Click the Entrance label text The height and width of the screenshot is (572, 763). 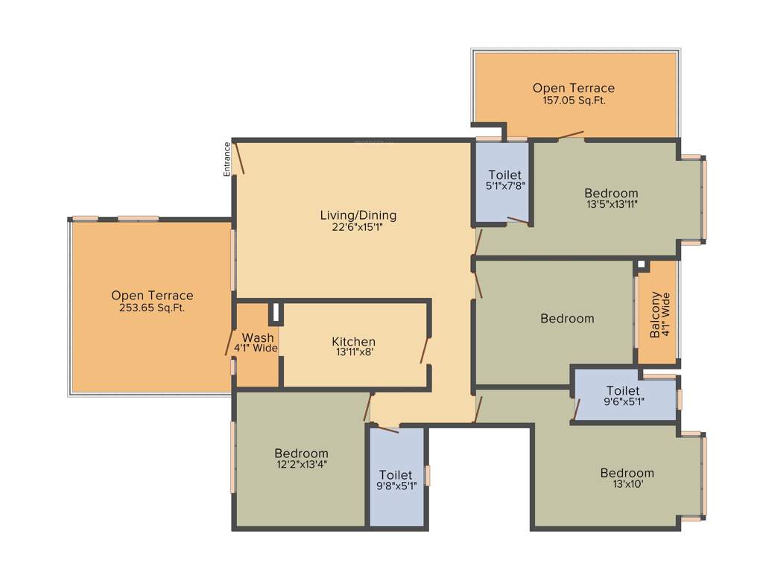point(227,159)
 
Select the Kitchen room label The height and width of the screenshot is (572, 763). point(353,342)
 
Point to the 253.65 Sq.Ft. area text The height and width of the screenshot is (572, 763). point(152,308)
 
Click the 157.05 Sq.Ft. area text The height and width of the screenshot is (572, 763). point(574,100)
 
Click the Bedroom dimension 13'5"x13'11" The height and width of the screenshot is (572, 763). point(611,204)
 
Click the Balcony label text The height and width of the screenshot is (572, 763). point(655,314)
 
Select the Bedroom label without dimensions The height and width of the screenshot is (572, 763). point(567,319)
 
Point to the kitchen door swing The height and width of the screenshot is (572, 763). point(425,350)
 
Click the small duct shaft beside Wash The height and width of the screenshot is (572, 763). point(274,313)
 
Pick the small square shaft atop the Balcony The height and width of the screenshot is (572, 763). point(642,264)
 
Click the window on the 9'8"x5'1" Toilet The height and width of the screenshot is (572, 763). point(428,475)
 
